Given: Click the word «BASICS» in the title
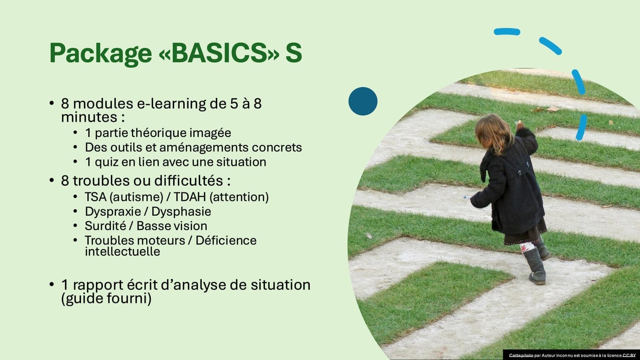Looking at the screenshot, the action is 219,53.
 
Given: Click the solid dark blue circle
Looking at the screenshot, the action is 363,101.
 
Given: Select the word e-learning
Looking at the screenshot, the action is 172,104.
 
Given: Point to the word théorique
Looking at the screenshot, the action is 159,133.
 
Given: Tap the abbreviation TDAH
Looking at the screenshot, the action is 190,197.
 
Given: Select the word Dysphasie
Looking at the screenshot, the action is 181,212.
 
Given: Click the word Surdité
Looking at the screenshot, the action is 105,226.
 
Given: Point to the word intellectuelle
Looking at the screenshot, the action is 122,252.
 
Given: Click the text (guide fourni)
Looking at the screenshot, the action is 106,299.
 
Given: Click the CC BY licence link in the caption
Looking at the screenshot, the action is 629,355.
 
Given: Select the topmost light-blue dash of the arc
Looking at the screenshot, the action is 507,32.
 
